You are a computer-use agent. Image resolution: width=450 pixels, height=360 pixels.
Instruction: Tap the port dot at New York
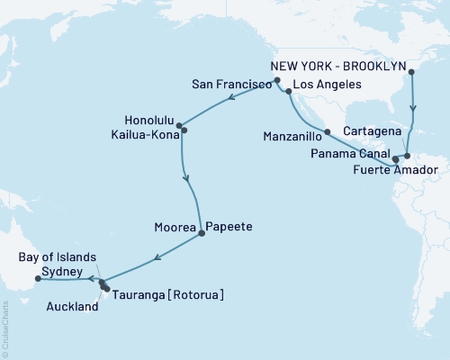click(410, 72)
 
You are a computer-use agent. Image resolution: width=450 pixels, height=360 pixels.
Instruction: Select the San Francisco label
click(231, 83)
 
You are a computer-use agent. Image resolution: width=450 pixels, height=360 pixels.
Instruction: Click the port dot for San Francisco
click(277, 81)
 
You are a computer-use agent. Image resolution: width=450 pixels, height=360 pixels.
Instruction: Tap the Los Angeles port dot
click(289, 91)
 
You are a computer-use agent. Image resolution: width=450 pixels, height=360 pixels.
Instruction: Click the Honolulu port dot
click(179, 126)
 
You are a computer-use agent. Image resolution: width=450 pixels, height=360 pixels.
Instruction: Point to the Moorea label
click(176, 229)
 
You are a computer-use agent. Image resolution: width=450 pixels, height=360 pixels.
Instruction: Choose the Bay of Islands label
click(54, 256)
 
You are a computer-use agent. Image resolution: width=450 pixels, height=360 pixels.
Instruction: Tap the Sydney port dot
click(37, 278)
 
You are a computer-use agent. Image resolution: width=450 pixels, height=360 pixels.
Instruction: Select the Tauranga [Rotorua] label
click(167, 294)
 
